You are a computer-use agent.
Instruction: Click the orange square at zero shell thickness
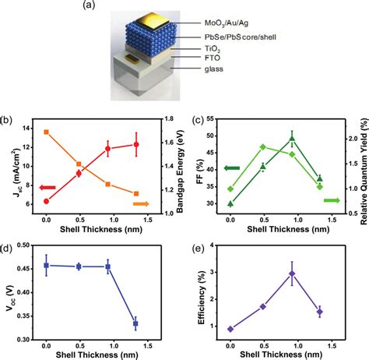click(47, 132)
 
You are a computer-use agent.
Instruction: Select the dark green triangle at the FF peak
click(292, 139)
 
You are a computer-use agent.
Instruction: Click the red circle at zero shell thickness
click(47, 201)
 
